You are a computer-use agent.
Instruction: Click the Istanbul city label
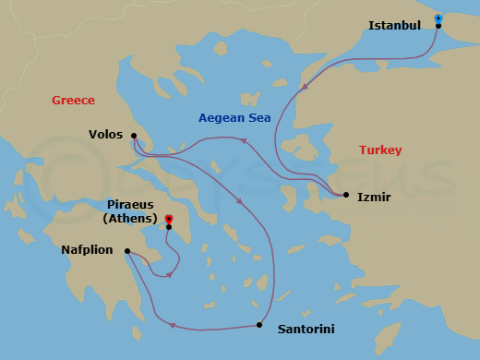tap(394, 25)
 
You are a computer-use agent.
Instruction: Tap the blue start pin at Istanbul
tap(438, 18)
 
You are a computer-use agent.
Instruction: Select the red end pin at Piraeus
tap(168, 220)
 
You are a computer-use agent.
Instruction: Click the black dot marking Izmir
tap(345, 195)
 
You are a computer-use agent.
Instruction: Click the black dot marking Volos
tap(134, 136)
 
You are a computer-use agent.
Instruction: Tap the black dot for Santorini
tap(258, 324)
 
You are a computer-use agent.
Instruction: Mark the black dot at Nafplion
tap(128, 248)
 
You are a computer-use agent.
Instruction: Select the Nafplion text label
tap(91, 249)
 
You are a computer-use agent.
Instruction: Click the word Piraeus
tap(131, 205)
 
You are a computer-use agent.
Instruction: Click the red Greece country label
tap(73, 101)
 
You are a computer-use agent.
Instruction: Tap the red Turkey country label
tap(380, 150)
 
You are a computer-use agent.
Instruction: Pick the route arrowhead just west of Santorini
tap(172, 324)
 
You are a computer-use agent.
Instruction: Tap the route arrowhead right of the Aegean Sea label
tap(244, 140)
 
